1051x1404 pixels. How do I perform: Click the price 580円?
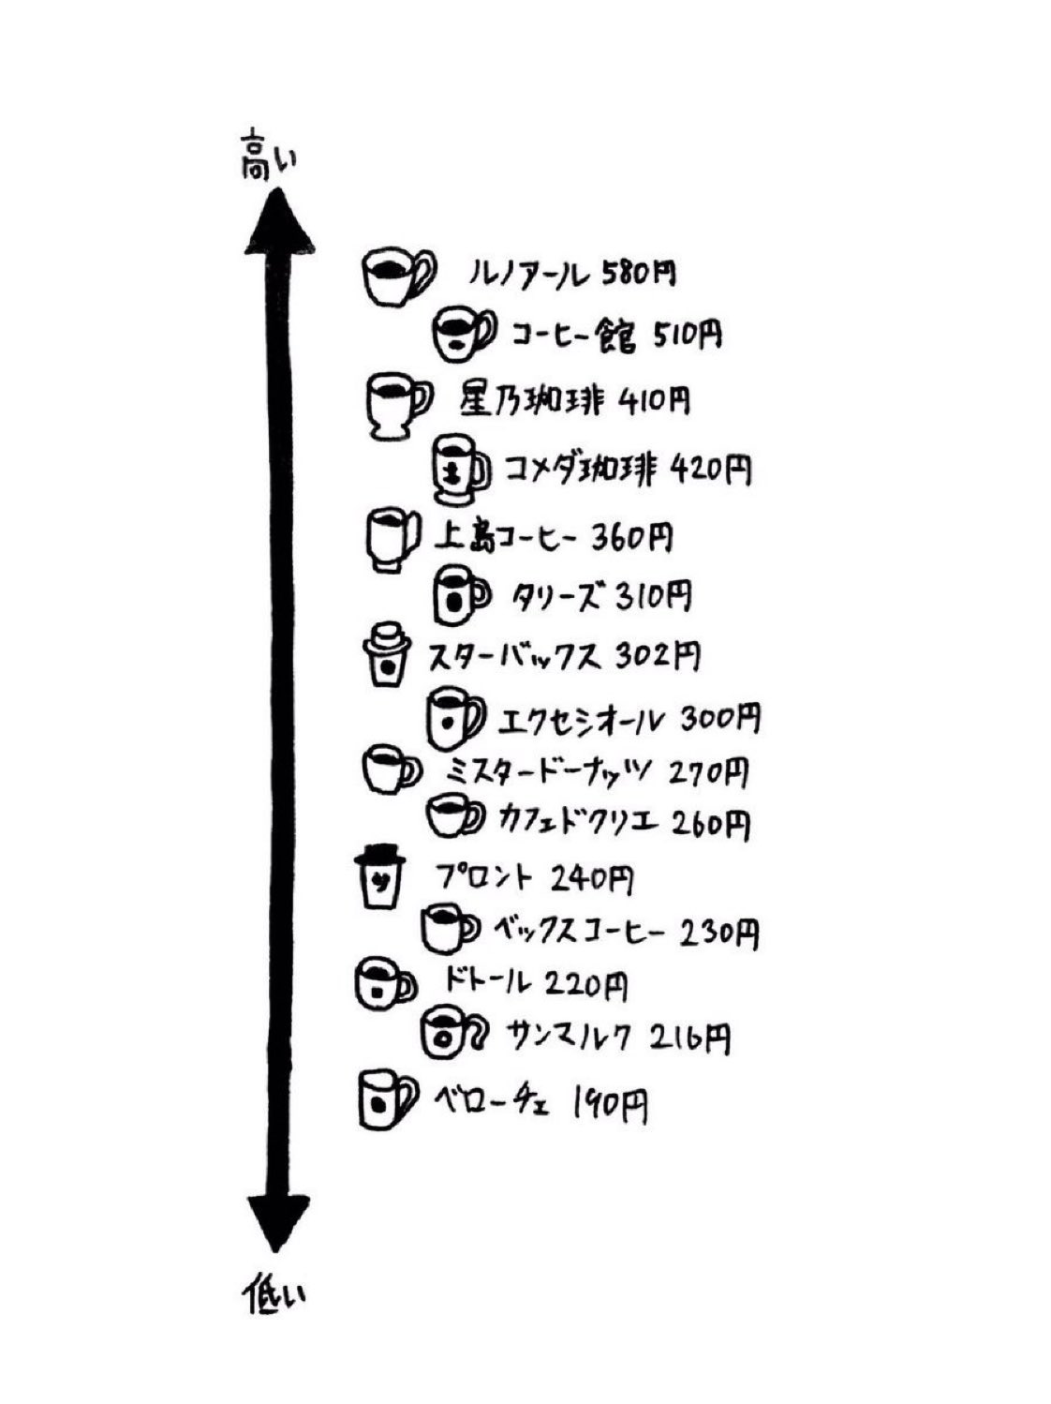(639, 274)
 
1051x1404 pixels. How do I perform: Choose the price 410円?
(655, 400)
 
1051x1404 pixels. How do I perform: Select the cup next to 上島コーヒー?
(390, 539)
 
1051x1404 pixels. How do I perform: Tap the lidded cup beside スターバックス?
(385, 655)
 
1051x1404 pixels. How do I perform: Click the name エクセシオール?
(582, 721)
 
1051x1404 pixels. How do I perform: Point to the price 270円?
(710, 773)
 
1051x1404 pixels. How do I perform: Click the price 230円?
(718, 933)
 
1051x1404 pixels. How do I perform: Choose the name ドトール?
(486, 982)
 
